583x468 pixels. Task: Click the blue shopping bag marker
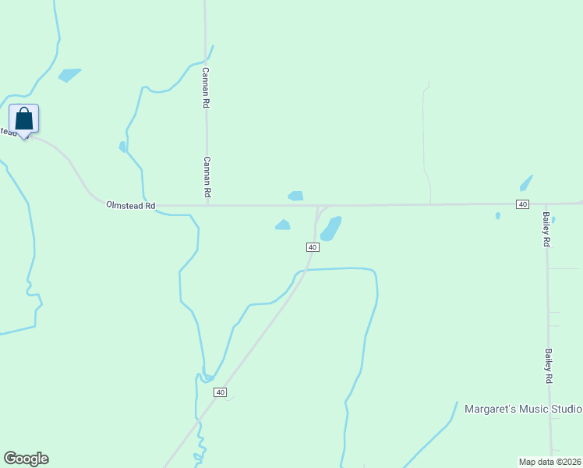[x=24, y=119]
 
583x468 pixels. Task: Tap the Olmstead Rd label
[x=131, y=206]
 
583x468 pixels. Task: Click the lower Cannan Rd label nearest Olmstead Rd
[x=207, y=175]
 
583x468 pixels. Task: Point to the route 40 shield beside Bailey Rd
[x=522, y=204]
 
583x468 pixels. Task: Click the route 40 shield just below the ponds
[x=312, y=246]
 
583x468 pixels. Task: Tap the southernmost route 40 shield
[x=221, y=392]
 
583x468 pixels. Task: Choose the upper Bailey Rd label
[x=547, y=229]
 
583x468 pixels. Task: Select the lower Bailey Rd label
[x=549, y=365]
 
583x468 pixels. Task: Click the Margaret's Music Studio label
[x=522, y=409]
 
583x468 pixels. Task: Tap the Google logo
[x=26, y=459]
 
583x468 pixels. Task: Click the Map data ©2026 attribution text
[x=550, y=461]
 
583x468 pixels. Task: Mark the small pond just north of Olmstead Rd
[x=295, y=196]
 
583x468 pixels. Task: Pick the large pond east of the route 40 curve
[x=331, y=229]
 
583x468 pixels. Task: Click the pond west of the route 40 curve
[x=283, y=225]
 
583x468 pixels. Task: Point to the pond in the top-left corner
[x=69, y=75]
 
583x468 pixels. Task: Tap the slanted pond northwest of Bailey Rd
[x=526, y=183]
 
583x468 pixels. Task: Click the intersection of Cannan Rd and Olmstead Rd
[x=207, y=206]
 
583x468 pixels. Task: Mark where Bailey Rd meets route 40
[x=546, y=204]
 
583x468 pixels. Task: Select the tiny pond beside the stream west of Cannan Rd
[x=122, y=146]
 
